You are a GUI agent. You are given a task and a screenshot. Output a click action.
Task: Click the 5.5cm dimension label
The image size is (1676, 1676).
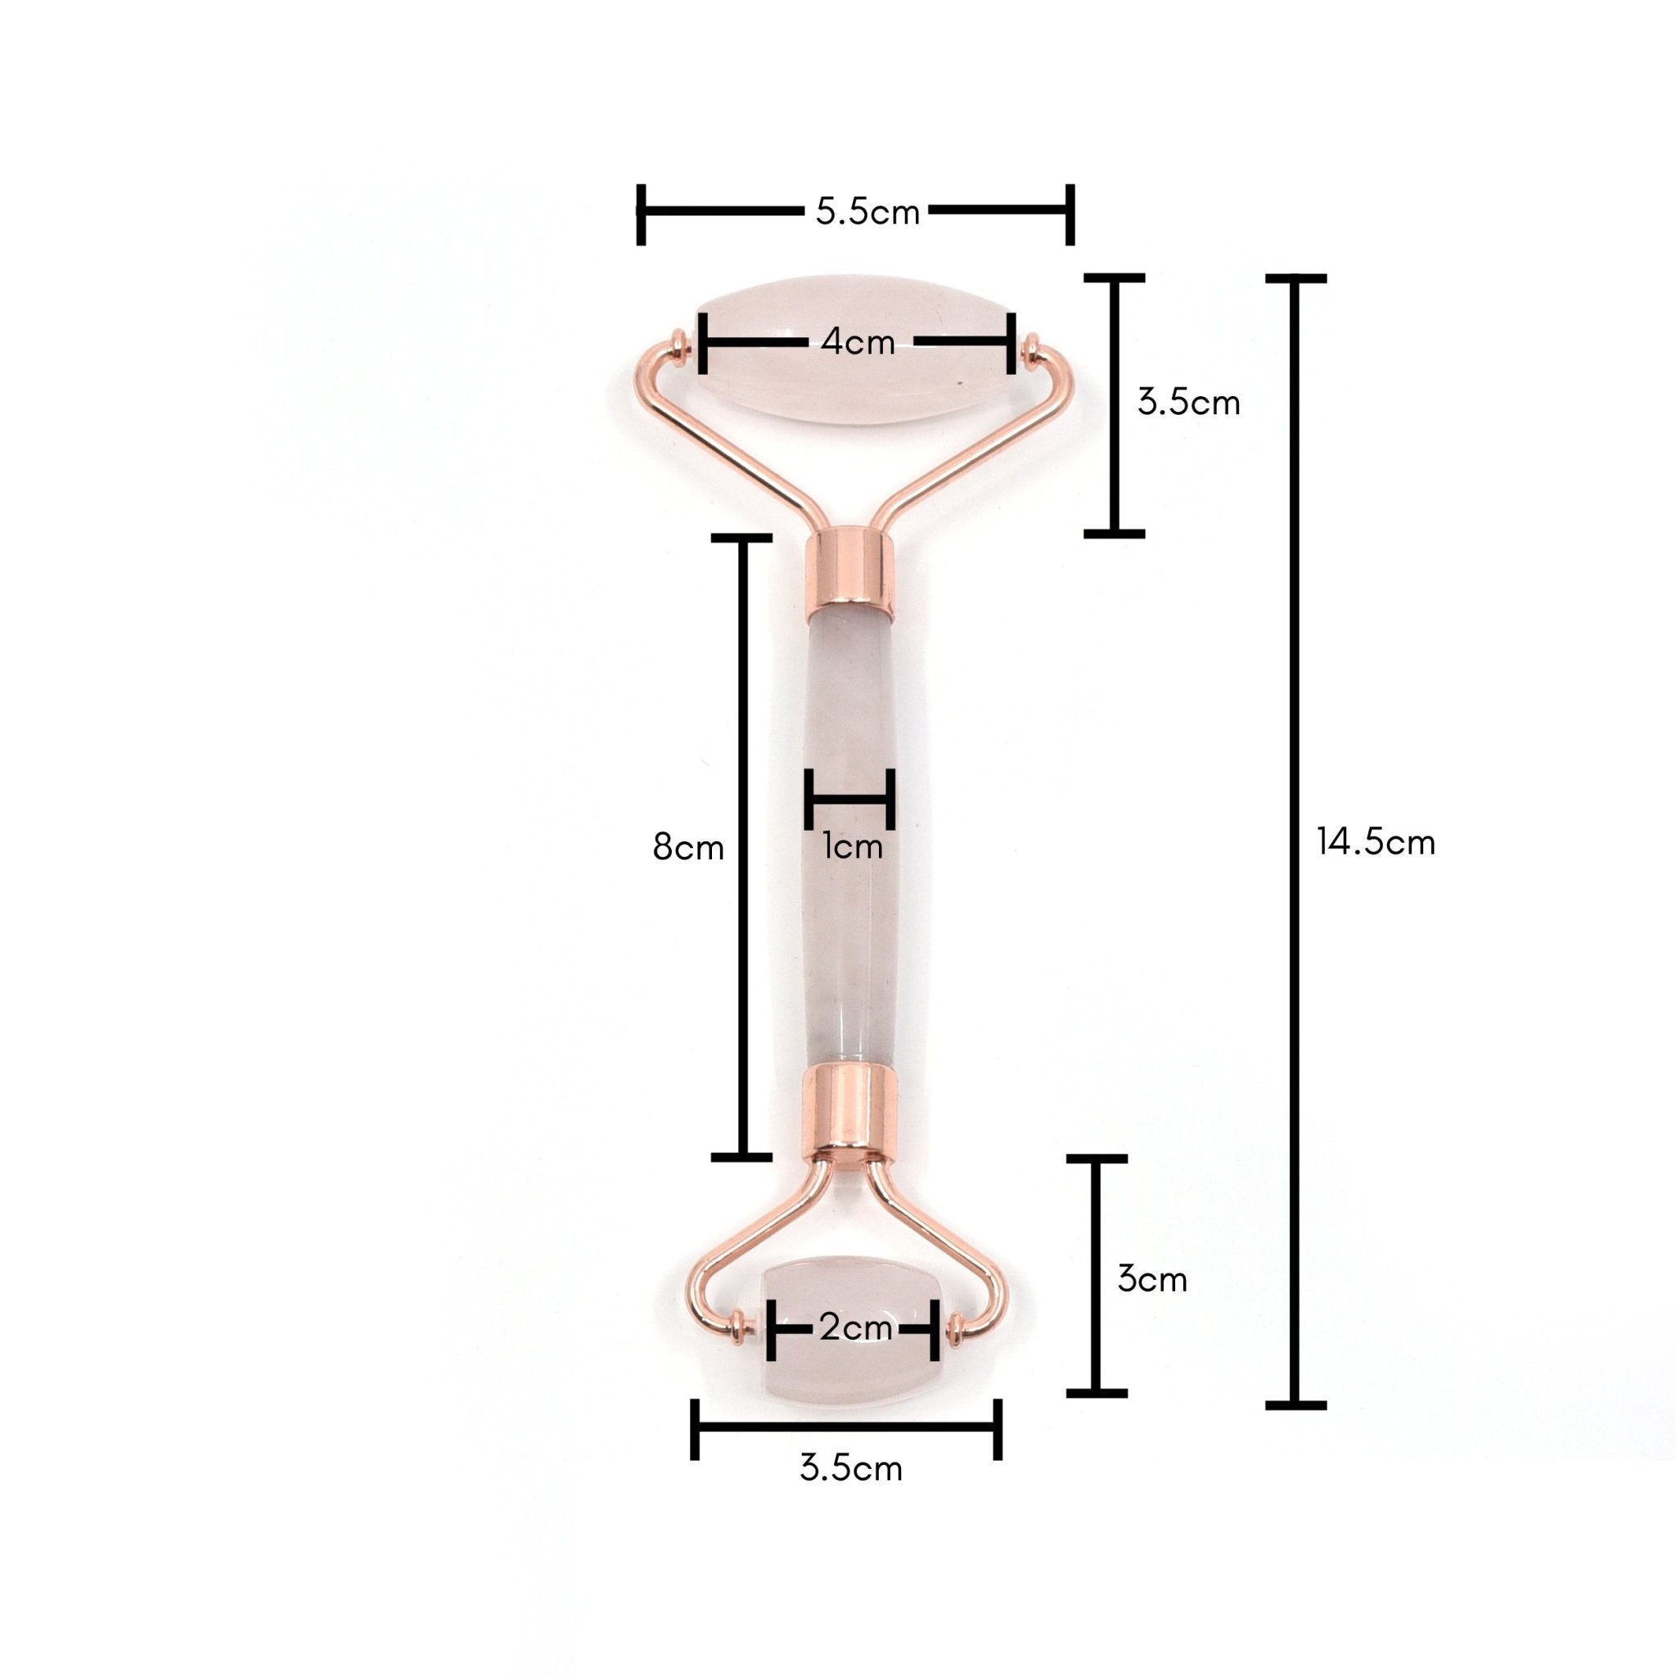tap(867, 213)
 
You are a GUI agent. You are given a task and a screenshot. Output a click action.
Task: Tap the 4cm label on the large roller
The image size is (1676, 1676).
tap(857, 343)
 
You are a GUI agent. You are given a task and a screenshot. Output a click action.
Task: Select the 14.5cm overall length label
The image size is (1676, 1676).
tap(1376, 842)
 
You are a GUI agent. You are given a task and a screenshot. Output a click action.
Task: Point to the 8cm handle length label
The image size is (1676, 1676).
tap(688, 847)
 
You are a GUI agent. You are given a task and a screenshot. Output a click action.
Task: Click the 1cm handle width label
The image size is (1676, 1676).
tap(853, 847)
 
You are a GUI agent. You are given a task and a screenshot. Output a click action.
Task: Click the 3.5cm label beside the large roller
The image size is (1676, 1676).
tap(1188, 403)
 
